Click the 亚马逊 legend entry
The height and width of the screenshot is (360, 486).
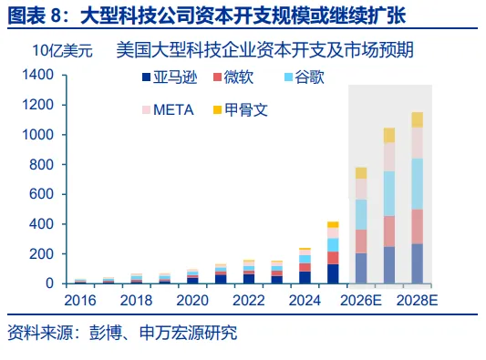170,77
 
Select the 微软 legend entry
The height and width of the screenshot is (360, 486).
233,77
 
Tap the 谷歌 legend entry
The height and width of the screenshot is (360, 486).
305,77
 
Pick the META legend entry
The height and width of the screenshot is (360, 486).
168,110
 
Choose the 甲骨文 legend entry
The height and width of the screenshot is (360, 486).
241,110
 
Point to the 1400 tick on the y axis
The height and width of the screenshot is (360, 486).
38,75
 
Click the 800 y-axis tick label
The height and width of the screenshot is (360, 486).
42,165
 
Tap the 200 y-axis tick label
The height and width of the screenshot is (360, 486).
42,254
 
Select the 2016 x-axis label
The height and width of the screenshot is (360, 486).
80,301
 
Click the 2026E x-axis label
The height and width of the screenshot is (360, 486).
361,301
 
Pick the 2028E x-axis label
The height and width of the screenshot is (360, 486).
417,301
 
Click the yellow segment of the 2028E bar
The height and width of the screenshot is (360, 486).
418,120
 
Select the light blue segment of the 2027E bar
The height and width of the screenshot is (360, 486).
389,193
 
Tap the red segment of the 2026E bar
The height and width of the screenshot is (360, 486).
361,242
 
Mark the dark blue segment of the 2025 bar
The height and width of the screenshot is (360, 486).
333,273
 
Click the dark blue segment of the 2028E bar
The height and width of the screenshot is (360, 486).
418,263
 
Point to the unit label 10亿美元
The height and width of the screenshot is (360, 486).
62,50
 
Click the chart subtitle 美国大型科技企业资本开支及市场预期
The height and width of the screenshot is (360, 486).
265,50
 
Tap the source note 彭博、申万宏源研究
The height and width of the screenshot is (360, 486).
163,333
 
